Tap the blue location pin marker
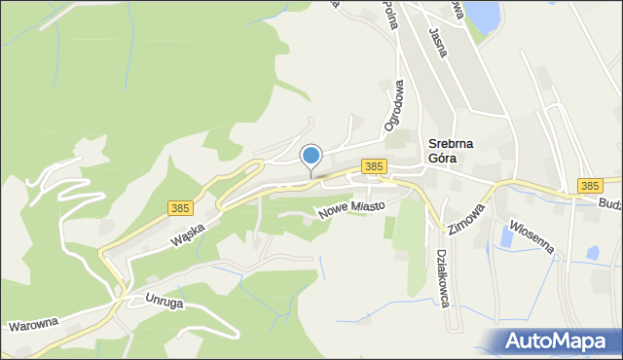[x=311, y=156]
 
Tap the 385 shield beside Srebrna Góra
[x=372, y=166]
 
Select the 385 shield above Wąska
[x=179, y=208]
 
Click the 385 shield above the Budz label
[x=588, y=185]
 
